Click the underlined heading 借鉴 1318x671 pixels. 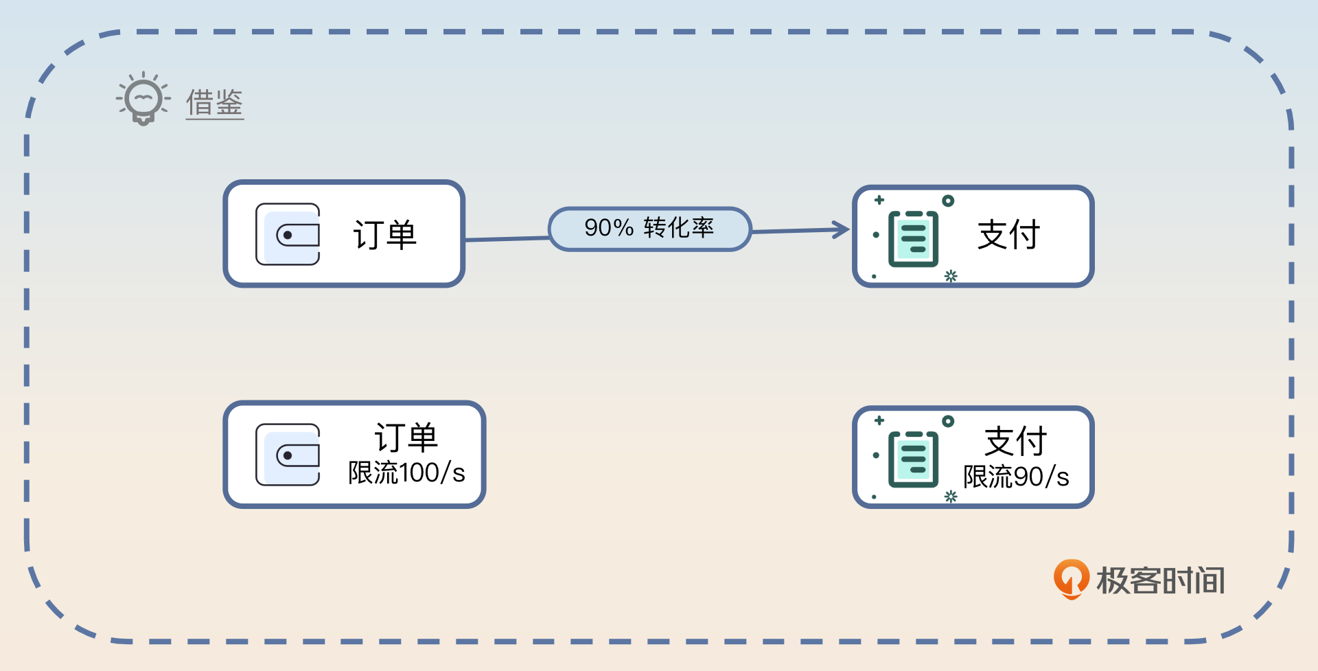(215, 103)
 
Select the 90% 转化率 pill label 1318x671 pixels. (649, 229)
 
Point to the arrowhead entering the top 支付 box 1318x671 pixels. (842, 229)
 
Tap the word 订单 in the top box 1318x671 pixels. (384, 235)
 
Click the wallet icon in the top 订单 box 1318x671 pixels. (288, 234)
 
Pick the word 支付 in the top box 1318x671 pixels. (1008, 235)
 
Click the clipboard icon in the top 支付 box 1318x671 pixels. (914, 238)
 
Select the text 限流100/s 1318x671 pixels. (406, 473)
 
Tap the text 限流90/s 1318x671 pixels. (1016, 477)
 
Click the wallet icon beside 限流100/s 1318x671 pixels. (288, 455)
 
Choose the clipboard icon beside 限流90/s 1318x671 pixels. (914, 459)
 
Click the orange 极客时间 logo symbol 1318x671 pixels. (1071, 578)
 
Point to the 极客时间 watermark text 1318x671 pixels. (1161, 580)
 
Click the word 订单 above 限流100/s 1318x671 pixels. (406, 437)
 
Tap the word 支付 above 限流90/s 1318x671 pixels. (1015, 441)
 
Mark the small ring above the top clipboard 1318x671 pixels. (948, 201)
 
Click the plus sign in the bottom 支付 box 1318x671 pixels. (879, 420)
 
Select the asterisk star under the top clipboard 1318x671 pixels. (951, 276)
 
